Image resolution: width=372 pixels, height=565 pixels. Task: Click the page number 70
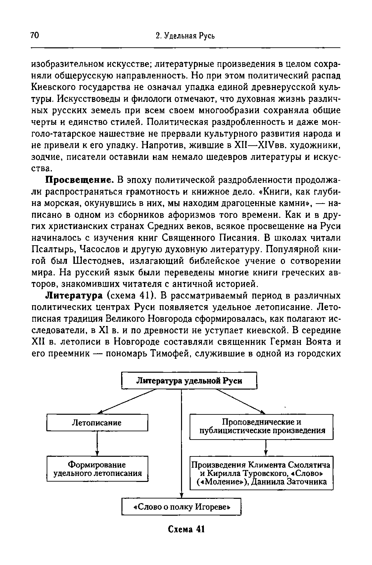(x=35, y=35)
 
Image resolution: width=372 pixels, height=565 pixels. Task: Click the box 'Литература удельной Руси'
(x=189, y=381)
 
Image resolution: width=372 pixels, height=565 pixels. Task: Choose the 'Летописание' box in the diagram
(x=97, y=423)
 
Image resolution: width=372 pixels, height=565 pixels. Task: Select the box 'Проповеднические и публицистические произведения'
(x=261, y=426)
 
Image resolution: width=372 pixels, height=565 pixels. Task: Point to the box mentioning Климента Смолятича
(x=261, y=473)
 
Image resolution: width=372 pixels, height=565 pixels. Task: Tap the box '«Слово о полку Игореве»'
(x=182, y=507)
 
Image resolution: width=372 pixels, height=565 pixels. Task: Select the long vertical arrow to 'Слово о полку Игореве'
(x=181, y=444)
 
